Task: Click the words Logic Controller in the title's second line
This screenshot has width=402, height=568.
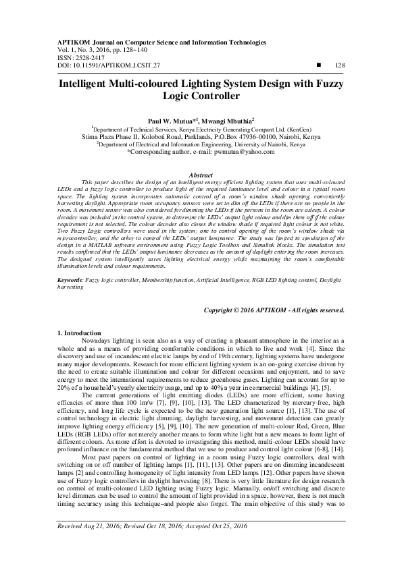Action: (201, 96)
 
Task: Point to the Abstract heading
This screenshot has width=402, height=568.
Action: (201, 175)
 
